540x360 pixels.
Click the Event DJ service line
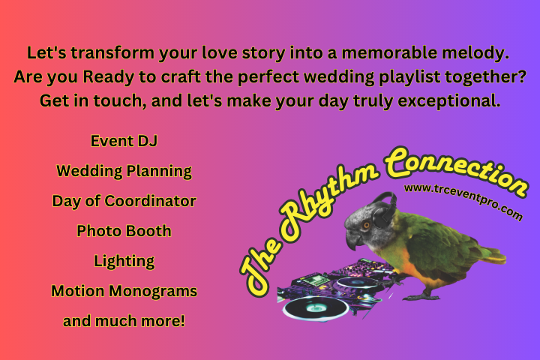(124, 141)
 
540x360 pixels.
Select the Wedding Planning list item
(124, 171)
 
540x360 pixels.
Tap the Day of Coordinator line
(124, 201)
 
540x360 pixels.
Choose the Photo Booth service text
(124, 231)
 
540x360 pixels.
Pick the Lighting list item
(124, 261)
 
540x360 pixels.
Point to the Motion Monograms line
(124, 291)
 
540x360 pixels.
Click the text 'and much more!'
(124, 321)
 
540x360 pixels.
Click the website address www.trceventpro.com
(463, 201)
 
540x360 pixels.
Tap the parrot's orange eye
(367, 226)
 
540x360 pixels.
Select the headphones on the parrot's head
(385, 211)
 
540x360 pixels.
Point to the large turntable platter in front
(315, 307)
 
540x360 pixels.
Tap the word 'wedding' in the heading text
(339, 77)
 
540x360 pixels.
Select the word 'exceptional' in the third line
(448, 101)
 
